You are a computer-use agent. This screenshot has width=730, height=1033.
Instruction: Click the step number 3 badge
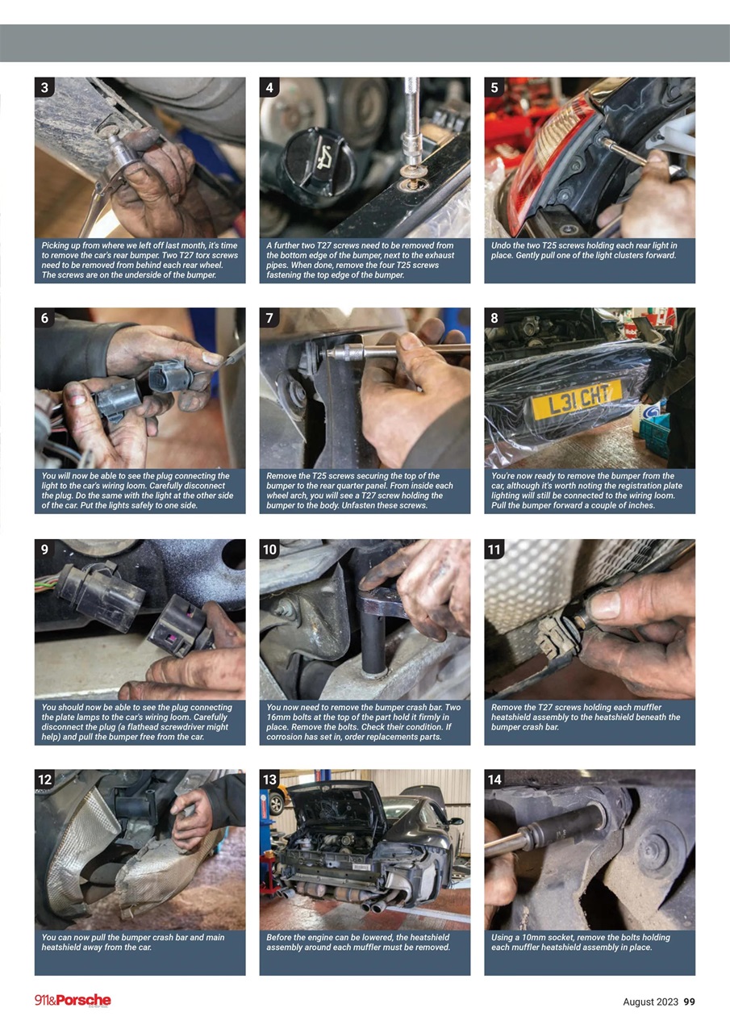coord(44,87)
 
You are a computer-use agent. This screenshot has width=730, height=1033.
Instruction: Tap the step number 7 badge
coord(269,318)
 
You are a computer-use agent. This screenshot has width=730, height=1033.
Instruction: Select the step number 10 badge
coord(269,550)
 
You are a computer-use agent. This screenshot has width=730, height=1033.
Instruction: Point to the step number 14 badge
coord(494,780)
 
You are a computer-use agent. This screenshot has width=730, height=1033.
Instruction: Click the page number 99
coord(689,1002)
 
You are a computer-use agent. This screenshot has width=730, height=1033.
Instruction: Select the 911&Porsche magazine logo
coord(73,1001)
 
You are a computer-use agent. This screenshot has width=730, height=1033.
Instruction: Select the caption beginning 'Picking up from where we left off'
coord(139,260)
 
